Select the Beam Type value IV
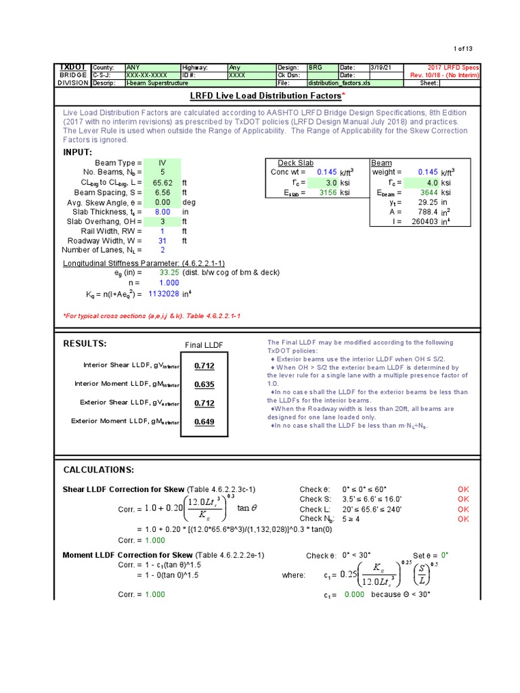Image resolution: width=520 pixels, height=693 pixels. click(x=162, y=163)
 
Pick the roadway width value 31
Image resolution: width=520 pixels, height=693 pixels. click(x=162, y=240)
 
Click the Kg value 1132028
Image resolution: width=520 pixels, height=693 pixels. click(x=163, y=294)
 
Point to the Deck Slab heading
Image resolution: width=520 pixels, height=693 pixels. click(x=295, y=163)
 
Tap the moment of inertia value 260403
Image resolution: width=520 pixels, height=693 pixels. click(x=425, y=221)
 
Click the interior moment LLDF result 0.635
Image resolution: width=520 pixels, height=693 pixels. click(x=204, y=384)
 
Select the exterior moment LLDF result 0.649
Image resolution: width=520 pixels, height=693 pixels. click(x=204, y=422)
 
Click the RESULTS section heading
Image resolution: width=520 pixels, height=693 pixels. click(x=85, y=344)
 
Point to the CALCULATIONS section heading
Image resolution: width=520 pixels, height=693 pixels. click(x=98, y=470)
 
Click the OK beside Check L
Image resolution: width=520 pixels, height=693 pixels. click(x=463, y=509)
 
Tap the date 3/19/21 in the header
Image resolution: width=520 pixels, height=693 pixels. click(x=382, y=68)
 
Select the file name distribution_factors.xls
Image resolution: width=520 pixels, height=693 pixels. click(x=339, y=83)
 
